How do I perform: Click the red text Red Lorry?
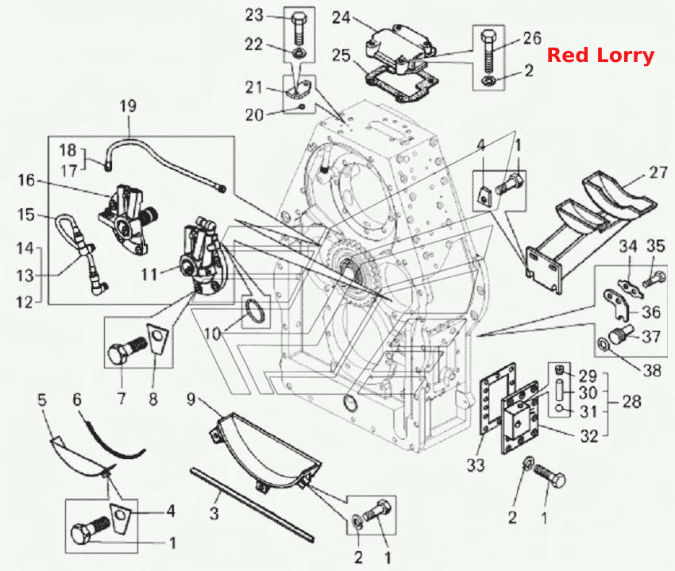pyautogui.click(x=600, y=56)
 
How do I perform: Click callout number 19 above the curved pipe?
pyautogui.click(x=128, y=106)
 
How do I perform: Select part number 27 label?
pyautogui.click(x=658, y=172)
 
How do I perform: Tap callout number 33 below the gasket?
pyautogui.click(x=476, y=465)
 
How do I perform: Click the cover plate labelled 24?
pyautogui.click(x=400, y=48)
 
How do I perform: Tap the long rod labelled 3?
pyautogui.click(x=252, y=504)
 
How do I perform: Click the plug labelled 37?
pyautogui.click(x=620, y=334)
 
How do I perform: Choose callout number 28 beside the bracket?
pyautogui.click(x=632, y=401)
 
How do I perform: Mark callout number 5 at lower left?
pyautogui.click(x=42, y=399)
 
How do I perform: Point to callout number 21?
pyautogui.click(x=253, y=87)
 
